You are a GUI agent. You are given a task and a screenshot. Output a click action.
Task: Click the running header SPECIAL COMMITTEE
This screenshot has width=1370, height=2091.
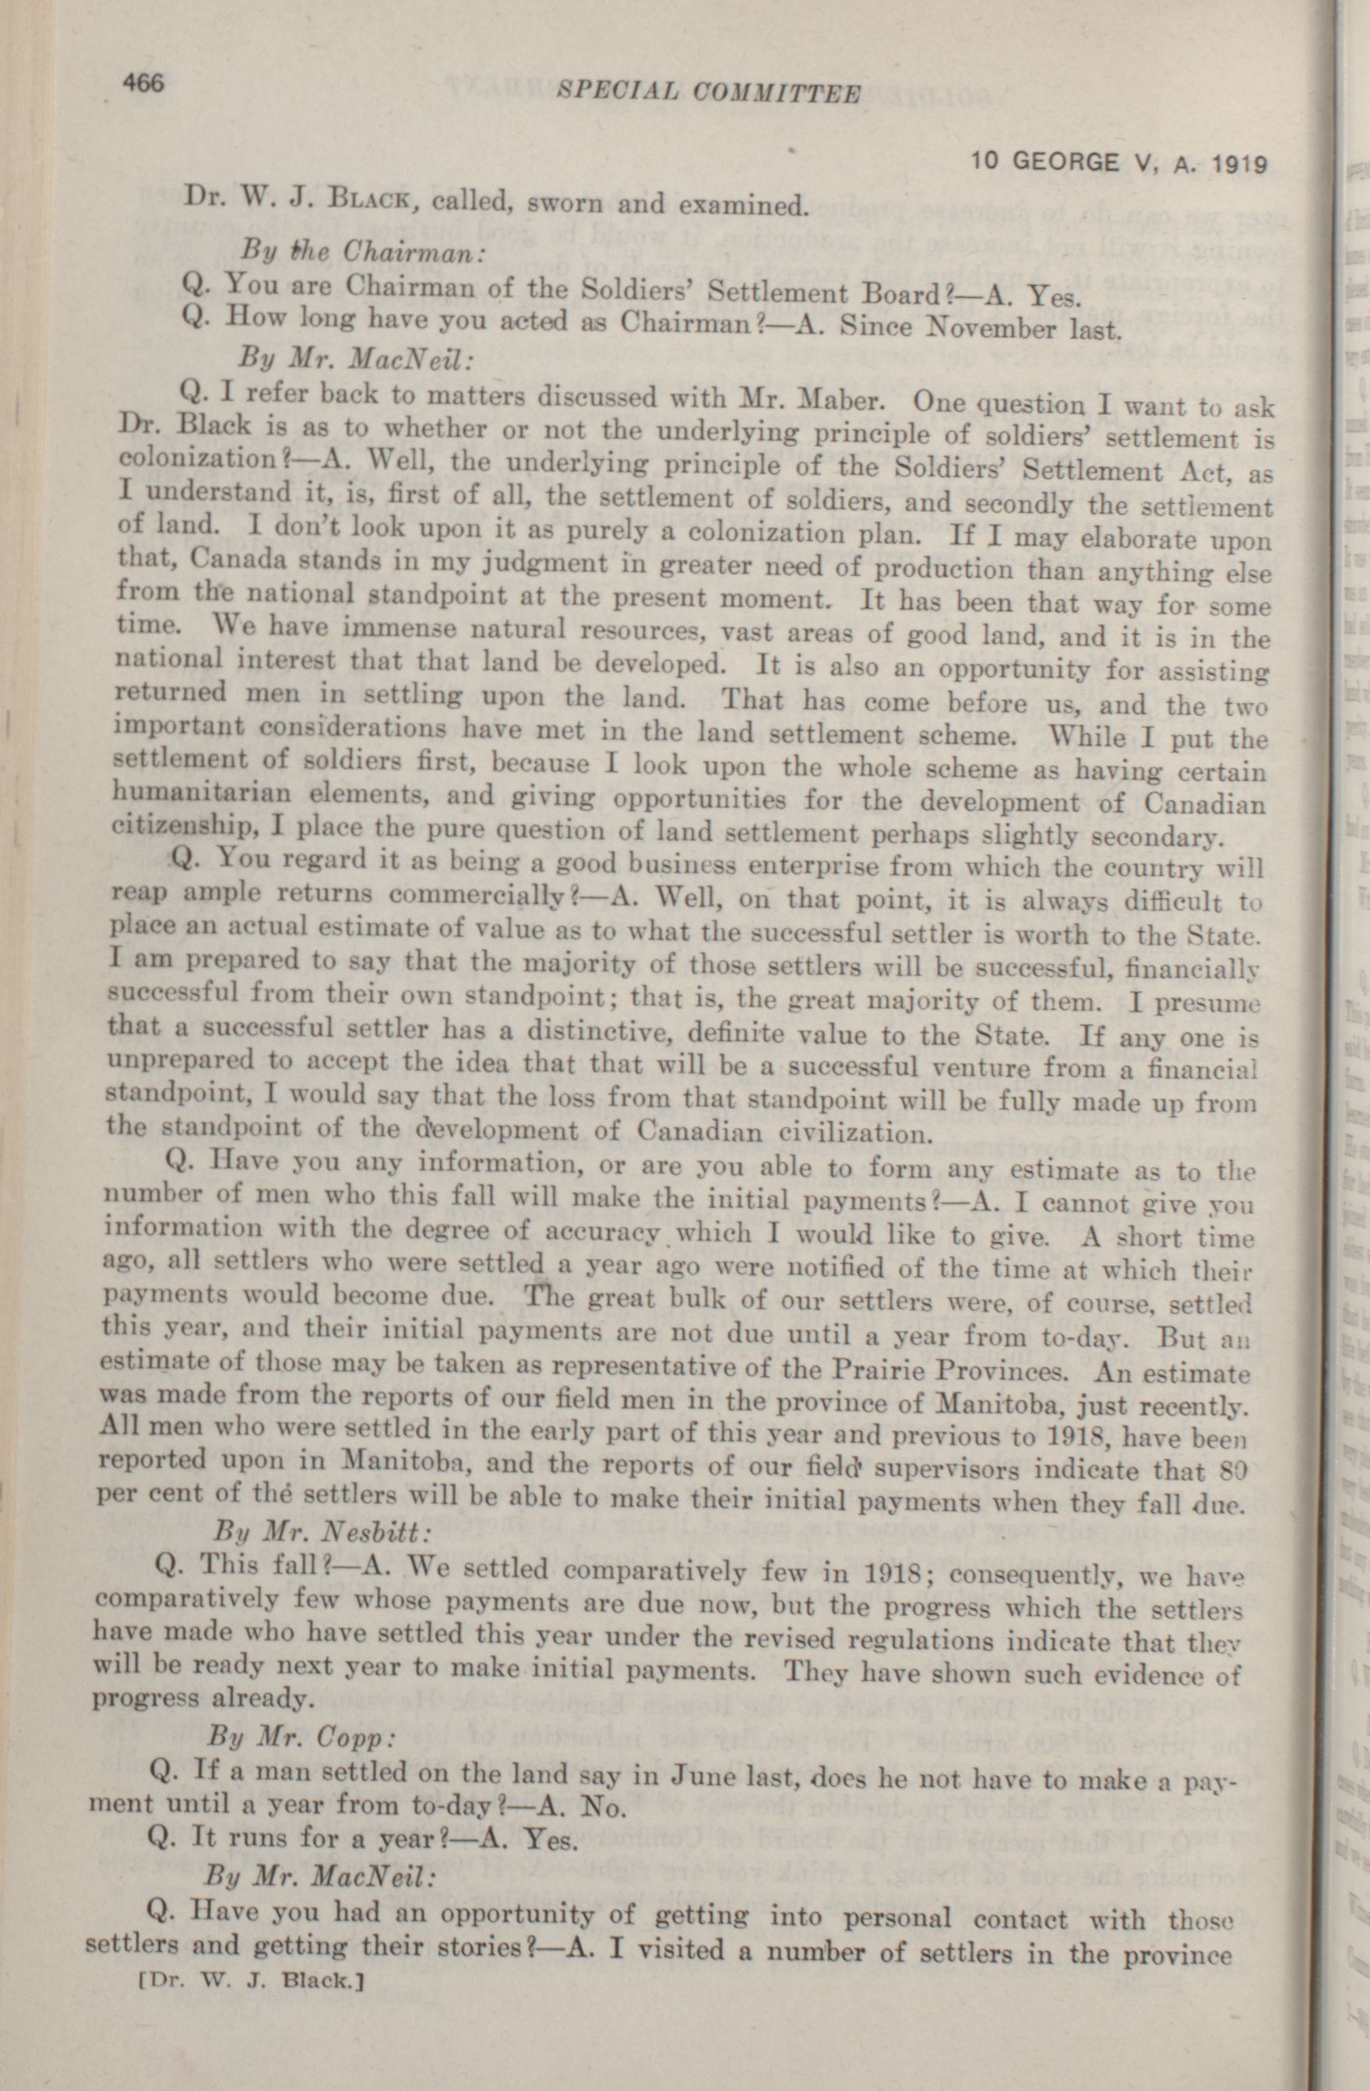pyautogui.click(x=710, y=91)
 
